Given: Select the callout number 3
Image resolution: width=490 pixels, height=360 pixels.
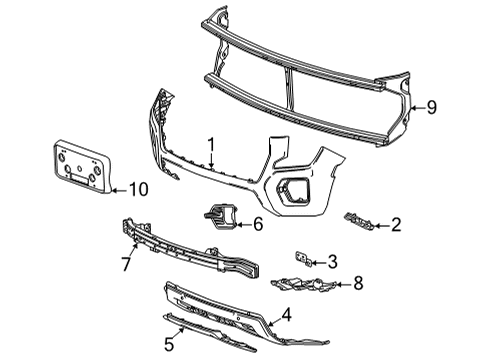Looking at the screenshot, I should click(x=333, y=261).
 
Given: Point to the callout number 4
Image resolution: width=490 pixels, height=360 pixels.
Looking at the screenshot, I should click(x=286, y=316).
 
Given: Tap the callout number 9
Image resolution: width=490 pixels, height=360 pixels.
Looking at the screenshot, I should click(x=432, y=108).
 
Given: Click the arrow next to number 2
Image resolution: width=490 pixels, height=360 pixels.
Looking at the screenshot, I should click(x=379, y=225).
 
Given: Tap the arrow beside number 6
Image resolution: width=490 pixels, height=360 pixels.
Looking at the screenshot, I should click(x=241, y=224).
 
